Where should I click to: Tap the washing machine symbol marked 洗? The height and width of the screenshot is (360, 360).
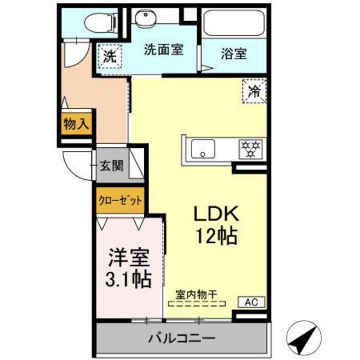coord(110,56)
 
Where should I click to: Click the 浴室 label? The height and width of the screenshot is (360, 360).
coord(233,54)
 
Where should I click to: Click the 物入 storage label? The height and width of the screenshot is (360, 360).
coord(76,123)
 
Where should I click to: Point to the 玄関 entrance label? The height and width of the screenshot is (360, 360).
coord(111,166)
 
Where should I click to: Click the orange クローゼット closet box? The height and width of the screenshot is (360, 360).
coord(120,200)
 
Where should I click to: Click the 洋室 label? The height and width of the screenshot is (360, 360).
coord(129,258)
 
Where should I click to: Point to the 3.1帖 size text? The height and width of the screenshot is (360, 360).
coord(129,280)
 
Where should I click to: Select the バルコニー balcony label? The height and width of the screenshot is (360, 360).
coord(181,337)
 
